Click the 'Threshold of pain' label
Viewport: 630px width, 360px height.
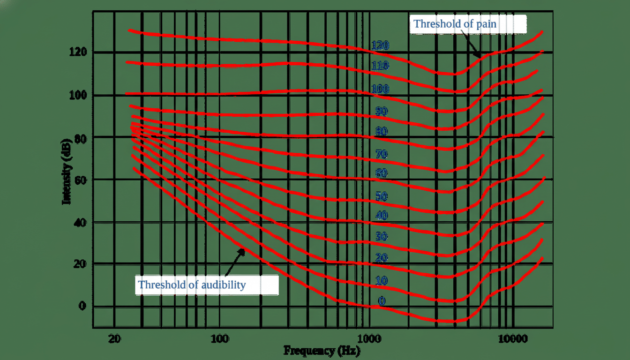coord(454,23)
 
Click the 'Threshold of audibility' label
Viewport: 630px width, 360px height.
coord(192,285)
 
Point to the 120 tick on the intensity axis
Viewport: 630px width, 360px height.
coord(78,52)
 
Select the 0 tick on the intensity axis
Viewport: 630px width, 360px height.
coord(82,306)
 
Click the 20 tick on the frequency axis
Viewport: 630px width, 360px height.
coord(114,338)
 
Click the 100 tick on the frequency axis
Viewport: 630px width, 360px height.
coord(219,338)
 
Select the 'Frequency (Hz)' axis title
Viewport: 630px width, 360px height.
coord(322,350)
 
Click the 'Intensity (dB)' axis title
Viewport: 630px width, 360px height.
coord(67,171)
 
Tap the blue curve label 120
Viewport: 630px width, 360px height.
coord(380,45)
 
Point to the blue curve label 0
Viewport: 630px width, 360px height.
coord(382,301)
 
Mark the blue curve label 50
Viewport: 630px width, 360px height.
coord(381,196)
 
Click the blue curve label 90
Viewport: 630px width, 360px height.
coord(381,111)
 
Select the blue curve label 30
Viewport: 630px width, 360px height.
coord(381,237)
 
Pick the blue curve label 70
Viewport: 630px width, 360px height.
coord(381,154)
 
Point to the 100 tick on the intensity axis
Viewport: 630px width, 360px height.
coord(78,95)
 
